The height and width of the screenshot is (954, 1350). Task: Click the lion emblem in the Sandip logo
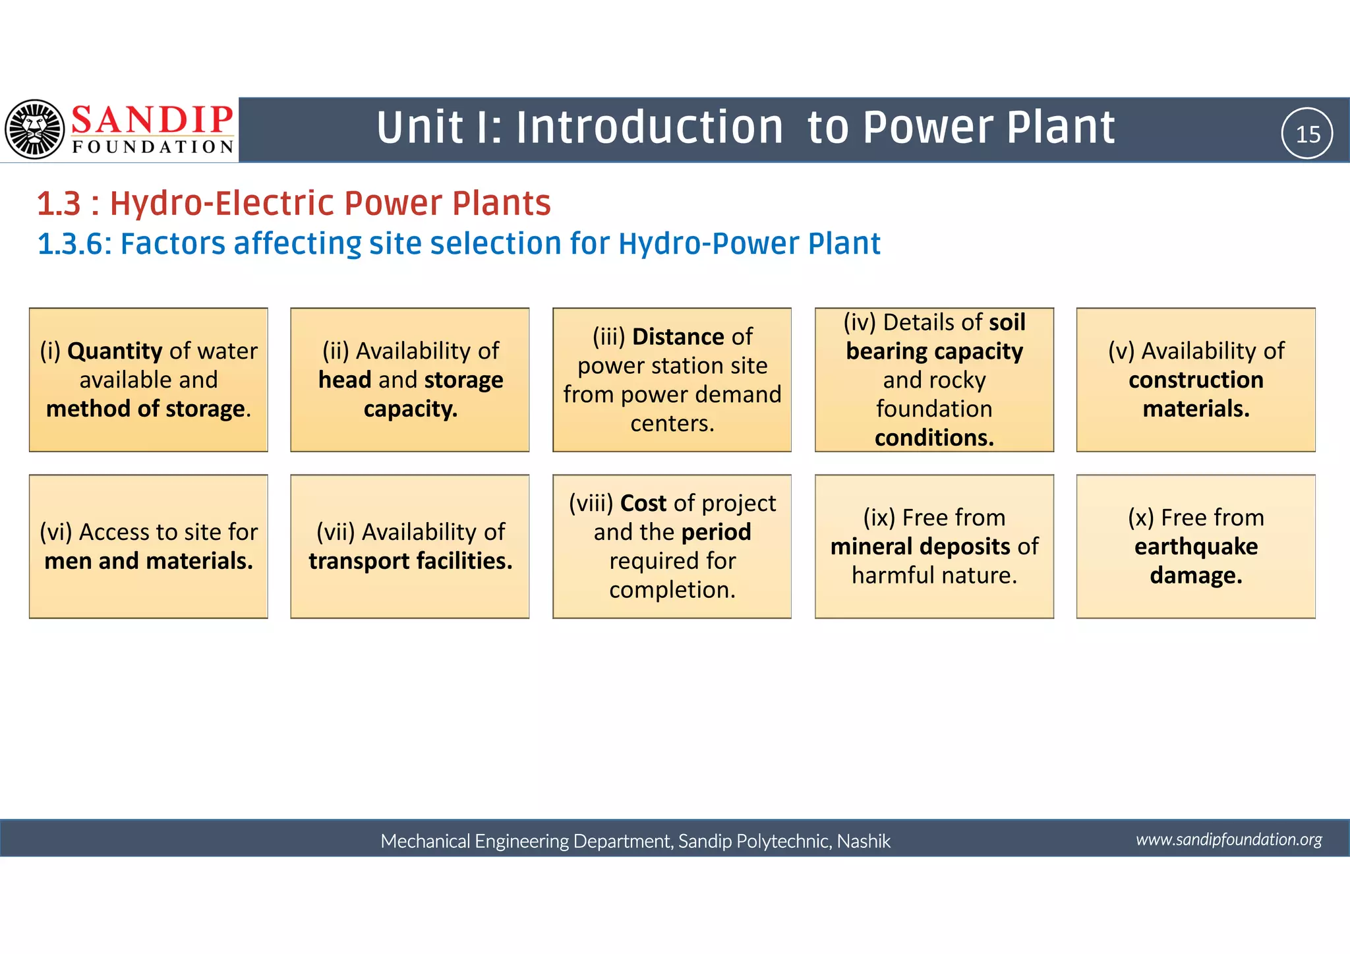point(35,129)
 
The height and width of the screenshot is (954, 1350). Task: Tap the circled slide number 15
point(1307,134)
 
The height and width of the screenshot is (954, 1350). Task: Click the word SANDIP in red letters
point(152,120)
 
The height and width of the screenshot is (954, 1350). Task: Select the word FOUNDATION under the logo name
point(152,146)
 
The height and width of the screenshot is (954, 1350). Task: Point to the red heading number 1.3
point(59,203)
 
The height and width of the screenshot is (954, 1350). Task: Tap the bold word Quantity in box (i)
point(115,351)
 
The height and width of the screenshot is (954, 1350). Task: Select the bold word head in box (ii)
point(345,380)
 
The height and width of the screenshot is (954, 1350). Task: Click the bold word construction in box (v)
point(1196,380)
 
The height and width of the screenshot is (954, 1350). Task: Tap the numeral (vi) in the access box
point(56,532)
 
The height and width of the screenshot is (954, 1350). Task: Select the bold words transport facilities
point(410,561)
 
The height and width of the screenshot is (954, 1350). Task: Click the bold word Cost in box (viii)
point(643,503)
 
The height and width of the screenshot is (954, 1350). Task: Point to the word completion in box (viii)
point(672,590)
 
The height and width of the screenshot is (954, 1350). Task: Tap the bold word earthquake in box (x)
point(1196,547)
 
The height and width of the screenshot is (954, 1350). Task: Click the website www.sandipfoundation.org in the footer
point(1229,839)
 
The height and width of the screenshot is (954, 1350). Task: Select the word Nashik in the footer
point(864,841)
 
